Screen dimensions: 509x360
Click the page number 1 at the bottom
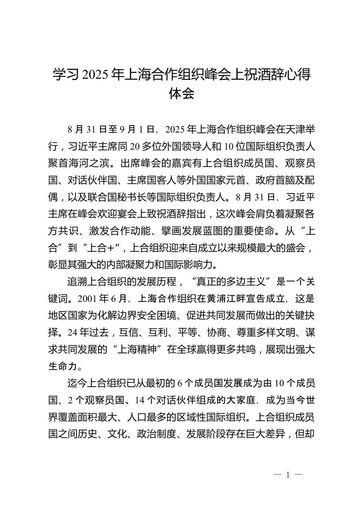click(x=288, y=475)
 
